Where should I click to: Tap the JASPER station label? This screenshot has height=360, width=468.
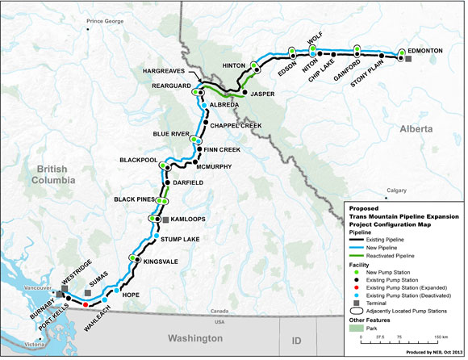tap(264, 94)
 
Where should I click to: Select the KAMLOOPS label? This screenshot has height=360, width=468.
tap(189, 220)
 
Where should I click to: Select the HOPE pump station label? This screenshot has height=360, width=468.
tap(131, 296)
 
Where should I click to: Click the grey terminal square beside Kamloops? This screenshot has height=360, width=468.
tap(165, 220)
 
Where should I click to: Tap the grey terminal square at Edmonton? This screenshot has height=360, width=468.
tap(409, 59)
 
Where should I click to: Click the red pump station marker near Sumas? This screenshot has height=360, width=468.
tap(86, 305)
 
